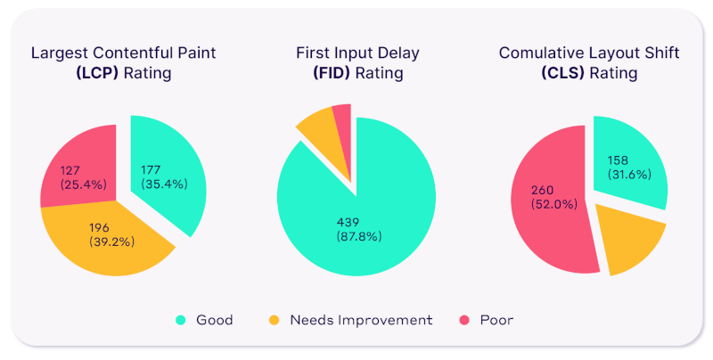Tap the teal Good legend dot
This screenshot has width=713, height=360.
click(x=181, y=320)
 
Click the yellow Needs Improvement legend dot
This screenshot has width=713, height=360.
click(x=274, y=320)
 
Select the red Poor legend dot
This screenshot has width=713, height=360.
click(x=463, y=320)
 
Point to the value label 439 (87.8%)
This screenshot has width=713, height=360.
click(x=359, y=229)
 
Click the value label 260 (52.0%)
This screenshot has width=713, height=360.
click(x=553, y=197)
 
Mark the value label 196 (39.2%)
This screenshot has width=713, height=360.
click(x=111, y=234)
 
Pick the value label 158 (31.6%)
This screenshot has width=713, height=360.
click(x=629, y=168)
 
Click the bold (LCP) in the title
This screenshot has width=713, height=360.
click(x=97, y=73)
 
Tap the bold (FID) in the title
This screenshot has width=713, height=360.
click(x=331, y=73)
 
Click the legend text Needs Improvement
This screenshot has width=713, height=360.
click(x=361, y=320)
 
